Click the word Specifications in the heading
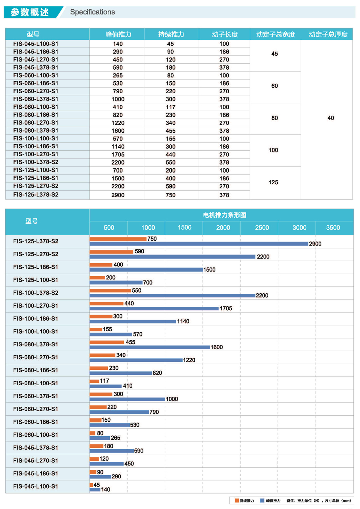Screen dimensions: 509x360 [x=92, y=12]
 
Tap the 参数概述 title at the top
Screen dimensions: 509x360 [x=30, y=12]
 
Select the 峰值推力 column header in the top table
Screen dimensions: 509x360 [x=118, y=34]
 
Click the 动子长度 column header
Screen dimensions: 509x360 [x=225, y=34]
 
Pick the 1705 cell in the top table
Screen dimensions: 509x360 [x=118, y=155]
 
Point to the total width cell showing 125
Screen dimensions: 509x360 [x=273, y=182]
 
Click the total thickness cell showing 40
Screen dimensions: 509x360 [x=331, y=118]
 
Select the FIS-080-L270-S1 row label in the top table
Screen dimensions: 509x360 [x=36, y=123]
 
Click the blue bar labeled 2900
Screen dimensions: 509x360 [x=199, y=244]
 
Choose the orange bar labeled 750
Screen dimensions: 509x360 [x=118, y=239]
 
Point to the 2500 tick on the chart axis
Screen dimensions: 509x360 [x=262, y=227]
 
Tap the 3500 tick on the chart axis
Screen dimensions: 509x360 [x=333, y=227]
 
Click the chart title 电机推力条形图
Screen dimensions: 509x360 [x=225, y=215]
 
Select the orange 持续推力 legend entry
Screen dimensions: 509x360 [x=244, y=501]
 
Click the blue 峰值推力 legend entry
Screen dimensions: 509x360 [x=270, y=501]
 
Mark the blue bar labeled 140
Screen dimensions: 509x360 [x=95, y=489]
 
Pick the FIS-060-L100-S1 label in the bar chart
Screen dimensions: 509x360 [x=36, y=435]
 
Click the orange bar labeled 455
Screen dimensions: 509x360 [x=107, y=342]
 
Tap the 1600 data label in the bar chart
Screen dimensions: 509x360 [x=217, y=347]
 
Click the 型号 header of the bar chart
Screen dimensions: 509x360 [x=31, y=221]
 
